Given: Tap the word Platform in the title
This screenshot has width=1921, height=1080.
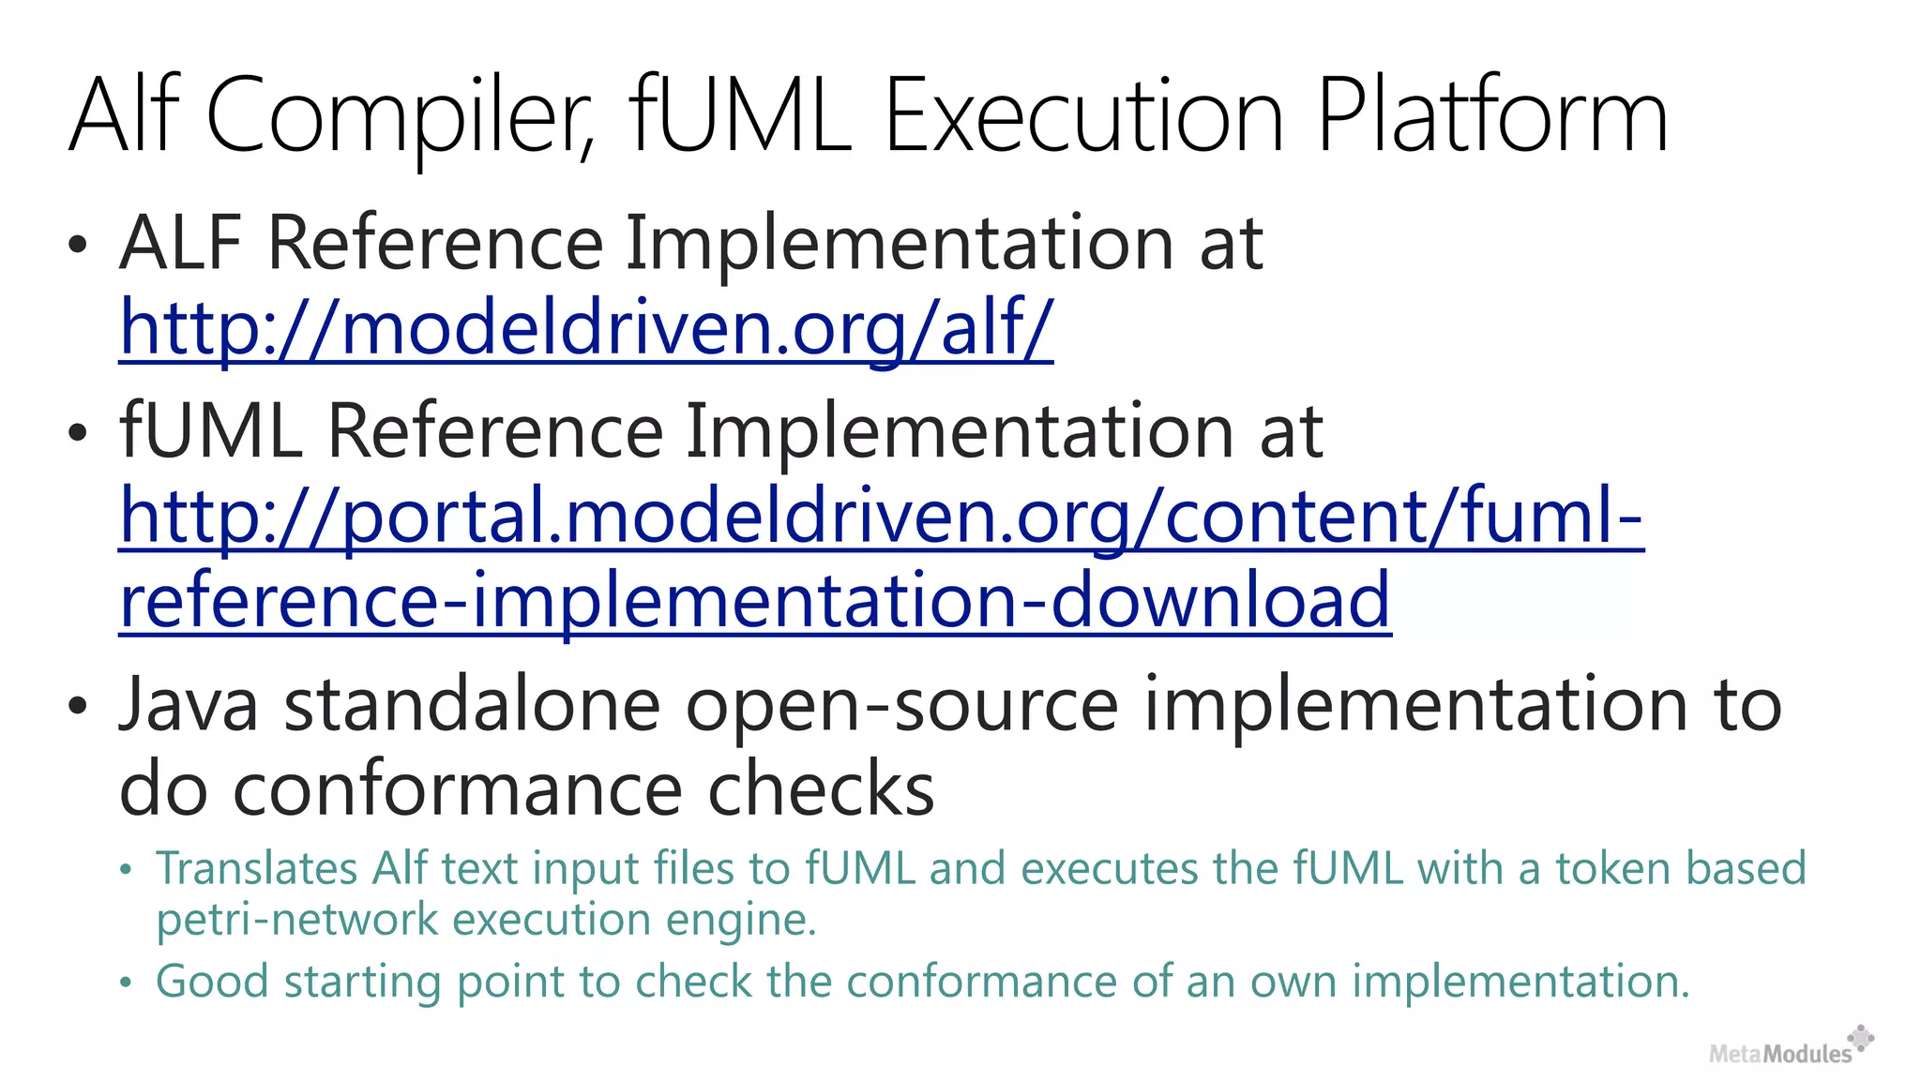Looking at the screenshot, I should (x=1492, y=117).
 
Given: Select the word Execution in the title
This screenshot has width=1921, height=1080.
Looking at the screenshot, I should (x=1084, y=117).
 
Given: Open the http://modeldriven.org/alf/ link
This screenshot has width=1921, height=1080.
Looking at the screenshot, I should (x=586, y=328).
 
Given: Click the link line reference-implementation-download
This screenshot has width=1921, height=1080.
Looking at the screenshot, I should (x=755, y=601).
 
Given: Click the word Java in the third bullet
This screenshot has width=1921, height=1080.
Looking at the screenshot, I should (x=189, y=705).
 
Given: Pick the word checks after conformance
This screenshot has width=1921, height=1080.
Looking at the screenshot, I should (x=821, y=789).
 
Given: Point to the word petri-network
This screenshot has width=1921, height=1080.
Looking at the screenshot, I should (x=296, y=919).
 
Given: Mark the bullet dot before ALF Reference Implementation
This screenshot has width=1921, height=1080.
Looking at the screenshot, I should (x=78, y=246).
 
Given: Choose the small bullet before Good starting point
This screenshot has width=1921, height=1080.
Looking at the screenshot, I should (x=127, y=983).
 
